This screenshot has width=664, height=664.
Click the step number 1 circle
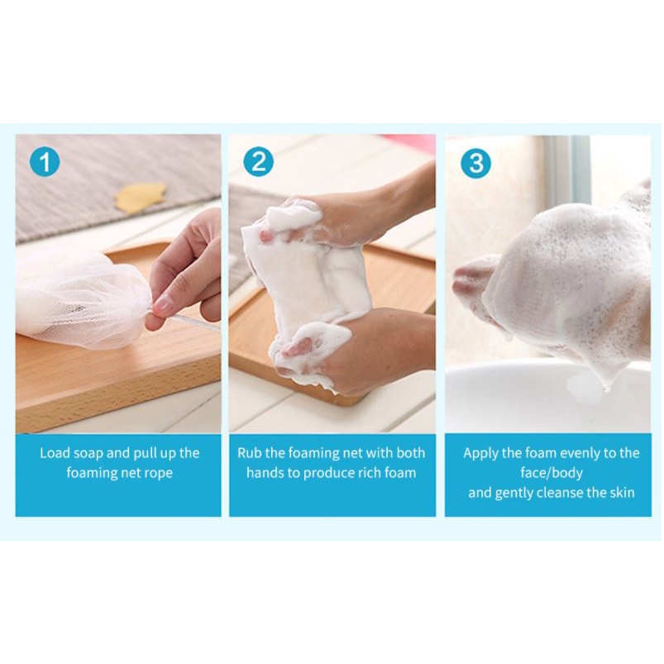pos(45,161)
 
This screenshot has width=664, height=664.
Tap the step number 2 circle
pos(258,161)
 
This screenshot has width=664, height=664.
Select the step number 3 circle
pos(476,163)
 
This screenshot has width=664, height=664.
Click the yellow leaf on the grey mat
pos(141,198)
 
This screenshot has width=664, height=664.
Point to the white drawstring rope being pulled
pos(195,321)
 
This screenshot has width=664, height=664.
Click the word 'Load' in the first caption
pos(55,453)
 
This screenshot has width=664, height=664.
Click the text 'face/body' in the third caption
pos(552,473)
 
